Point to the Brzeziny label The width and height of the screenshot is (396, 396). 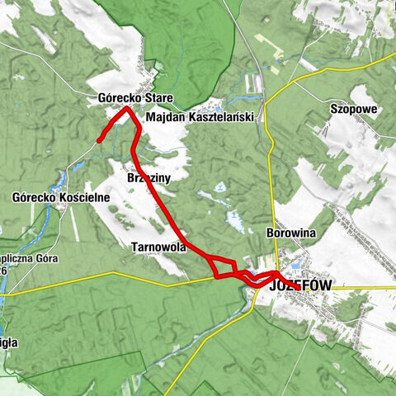tap(148, 177)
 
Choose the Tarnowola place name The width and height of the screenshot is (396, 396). tap(159, 247)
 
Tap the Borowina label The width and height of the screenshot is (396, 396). tap(291, 233)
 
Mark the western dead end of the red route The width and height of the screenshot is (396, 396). tap(99, 141)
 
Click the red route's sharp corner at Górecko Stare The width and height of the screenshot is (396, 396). tap(126, 109)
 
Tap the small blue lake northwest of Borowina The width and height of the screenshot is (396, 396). tap(234, 220)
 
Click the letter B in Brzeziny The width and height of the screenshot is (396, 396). tap(131, 177)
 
